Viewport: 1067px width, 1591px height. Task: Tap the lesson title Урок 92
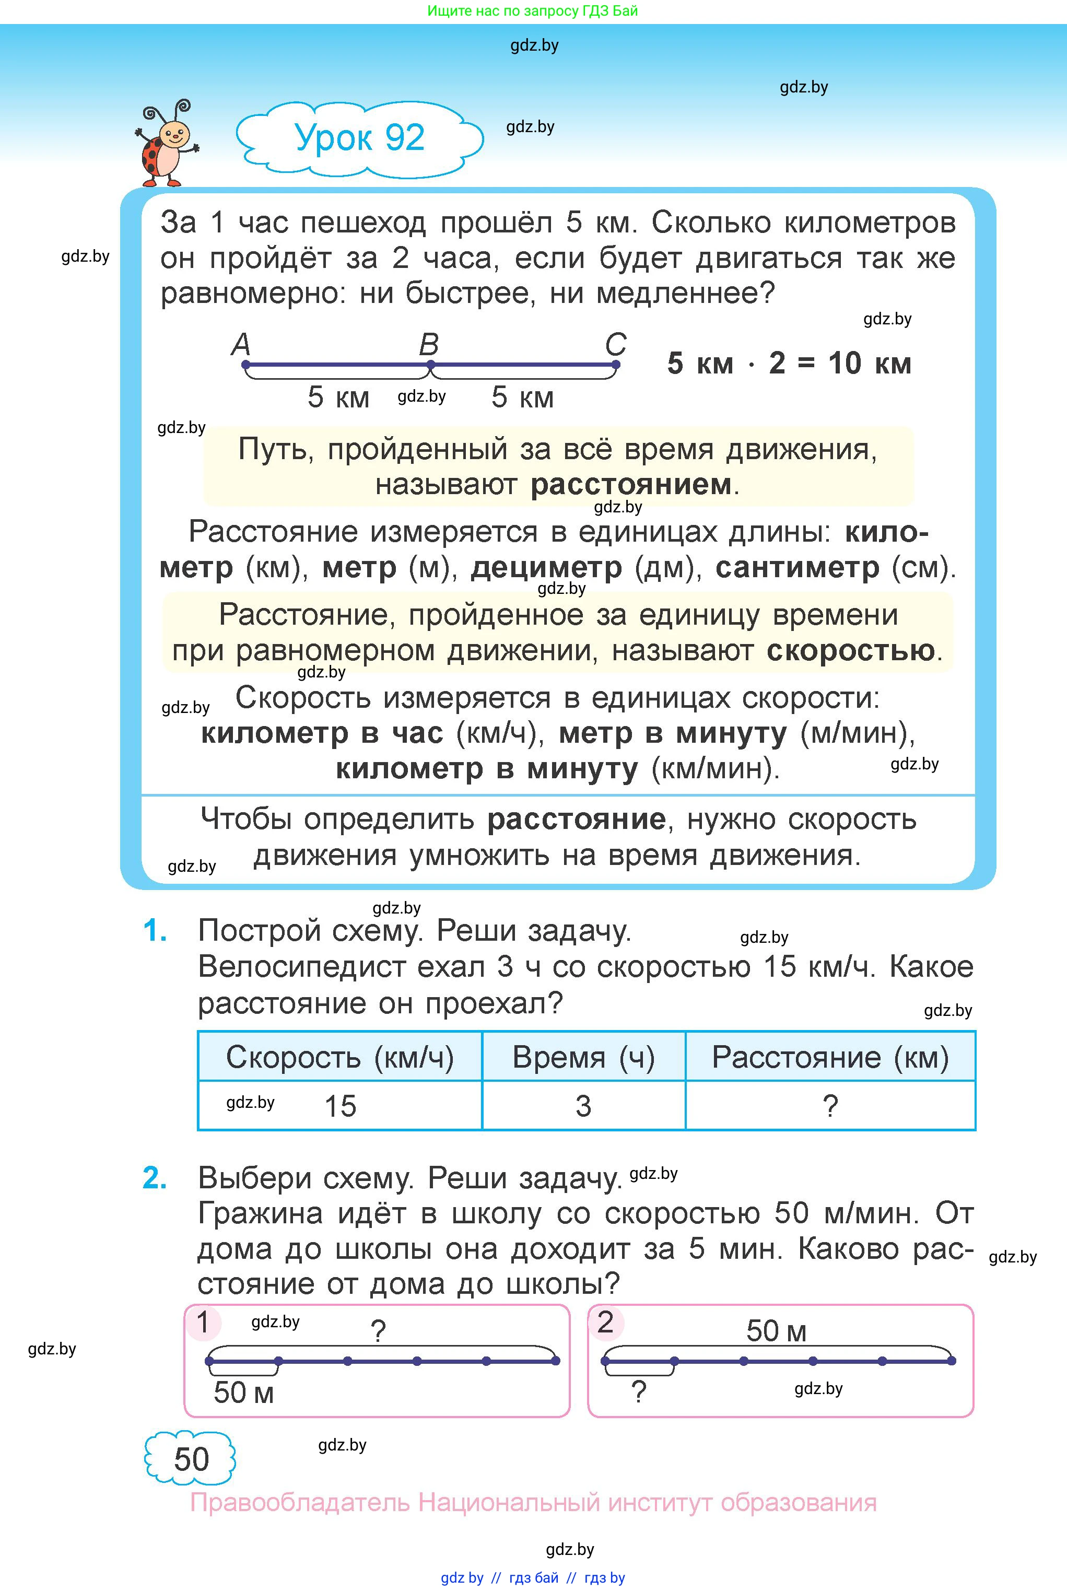click(x=359, y=137)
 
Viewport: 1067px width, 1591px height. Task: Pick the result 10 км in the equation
click(x=869, y=364)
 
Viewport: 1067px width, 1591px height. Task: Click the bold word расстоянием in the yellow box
click(x=631, y=485)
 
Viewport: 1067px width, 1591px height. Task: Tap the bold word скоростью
click(x=851, y=650)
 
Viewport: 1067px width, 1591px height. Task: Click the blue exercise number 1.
click(x=155, y=930)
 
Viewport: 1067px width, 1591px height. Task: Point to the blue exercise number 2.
click(x=155, y=1178)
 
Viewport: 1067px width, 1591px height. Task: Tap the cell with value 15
click(x=340, y=1106)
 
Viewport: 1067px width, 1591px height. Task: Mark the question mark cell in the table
click(x=830, y=1106)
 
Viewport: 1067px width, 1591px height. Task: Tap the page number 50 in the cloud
click(x=191, y=1458)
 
